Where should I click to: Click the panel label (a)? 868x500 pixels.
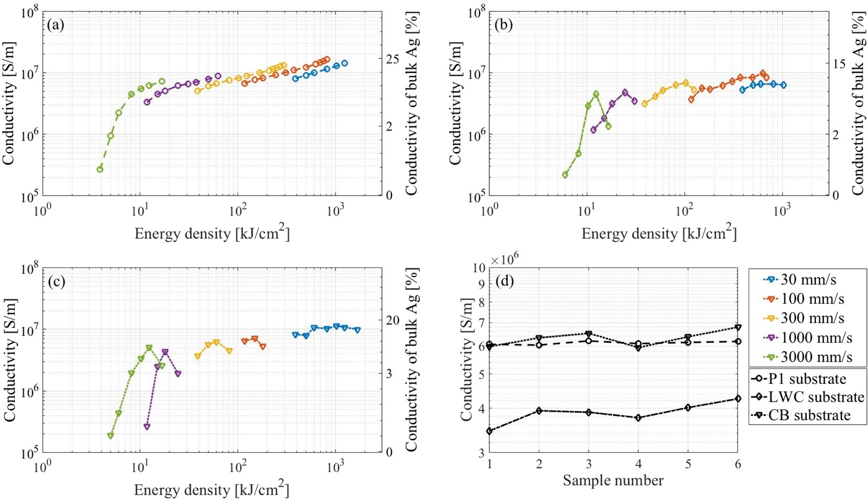55,25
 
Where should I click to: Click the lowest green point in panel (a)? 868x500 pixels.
100,169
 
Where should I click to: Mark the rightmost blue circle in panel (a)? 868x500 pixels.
345,63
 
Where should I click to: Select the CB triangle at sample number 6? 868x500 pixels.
738,328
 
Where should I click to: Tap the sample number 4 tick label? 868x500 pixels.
638,464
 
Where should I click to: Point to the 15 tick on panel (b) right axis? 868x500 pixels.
853,63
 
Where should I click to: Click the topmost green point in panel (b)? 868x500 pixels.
596,94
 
